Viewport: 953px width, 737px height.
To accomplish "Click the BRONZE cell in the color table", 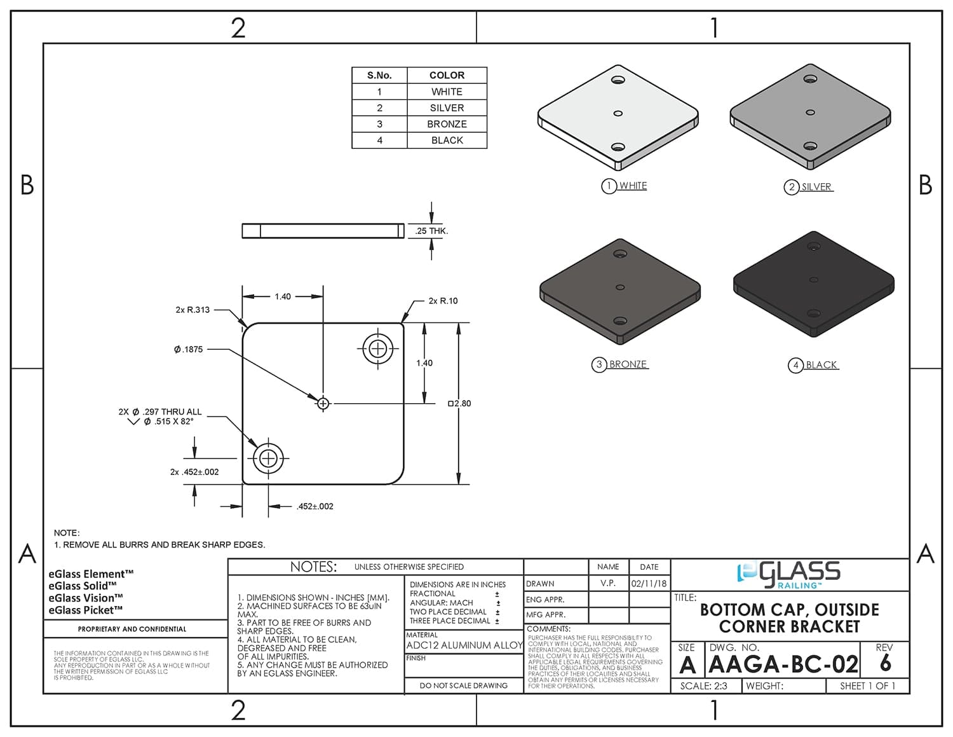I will point(447,124).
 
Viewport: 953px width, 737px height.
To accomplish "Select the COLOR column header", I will point(447,75).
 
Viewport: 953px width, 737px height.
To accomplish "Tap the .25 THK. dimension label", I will point(431,231).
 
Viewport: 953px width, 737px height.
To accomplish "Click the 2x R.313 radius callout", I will point(193,310).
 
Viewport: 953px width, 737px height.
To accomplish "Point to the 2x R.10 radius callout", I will point(443,301).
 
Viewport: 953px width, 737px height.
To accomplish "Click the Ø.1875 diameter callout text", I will point(189,349).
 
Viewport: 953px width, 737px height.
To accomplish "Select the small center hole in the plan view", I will point(323,403).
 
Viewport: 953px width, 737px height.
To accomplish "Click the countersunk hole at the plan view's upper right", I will point(378,348).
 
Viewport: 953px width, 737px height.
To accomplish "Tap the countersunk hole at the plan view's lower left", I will point(268,458).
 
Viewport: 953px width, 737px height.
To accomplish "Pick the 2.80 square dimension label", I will point(459,403).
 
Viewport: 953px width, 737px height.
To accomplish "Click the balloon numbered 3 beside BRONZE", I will point(599,364).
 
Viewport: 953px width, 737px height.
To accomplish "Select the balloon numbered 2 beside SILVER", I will point(791,187).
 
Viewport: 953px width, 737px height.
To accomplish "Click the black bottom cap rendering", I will point(813,283).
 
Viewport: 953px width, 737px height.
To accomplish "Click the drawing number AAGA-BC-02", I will point(783,665).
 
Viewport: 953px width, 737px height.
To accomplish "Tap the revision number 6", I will point(885,664).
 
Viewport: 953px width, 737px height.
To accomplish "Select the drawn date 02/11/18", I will point(649,583).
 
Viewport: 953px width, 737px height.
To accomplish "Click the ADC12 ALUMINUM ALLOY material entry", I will point(464,645).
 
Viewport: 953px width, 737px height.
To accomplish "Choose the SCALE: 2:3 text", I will point(703,686).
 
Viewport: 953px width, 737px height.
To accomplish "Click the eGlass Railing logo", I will point(788,574).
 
